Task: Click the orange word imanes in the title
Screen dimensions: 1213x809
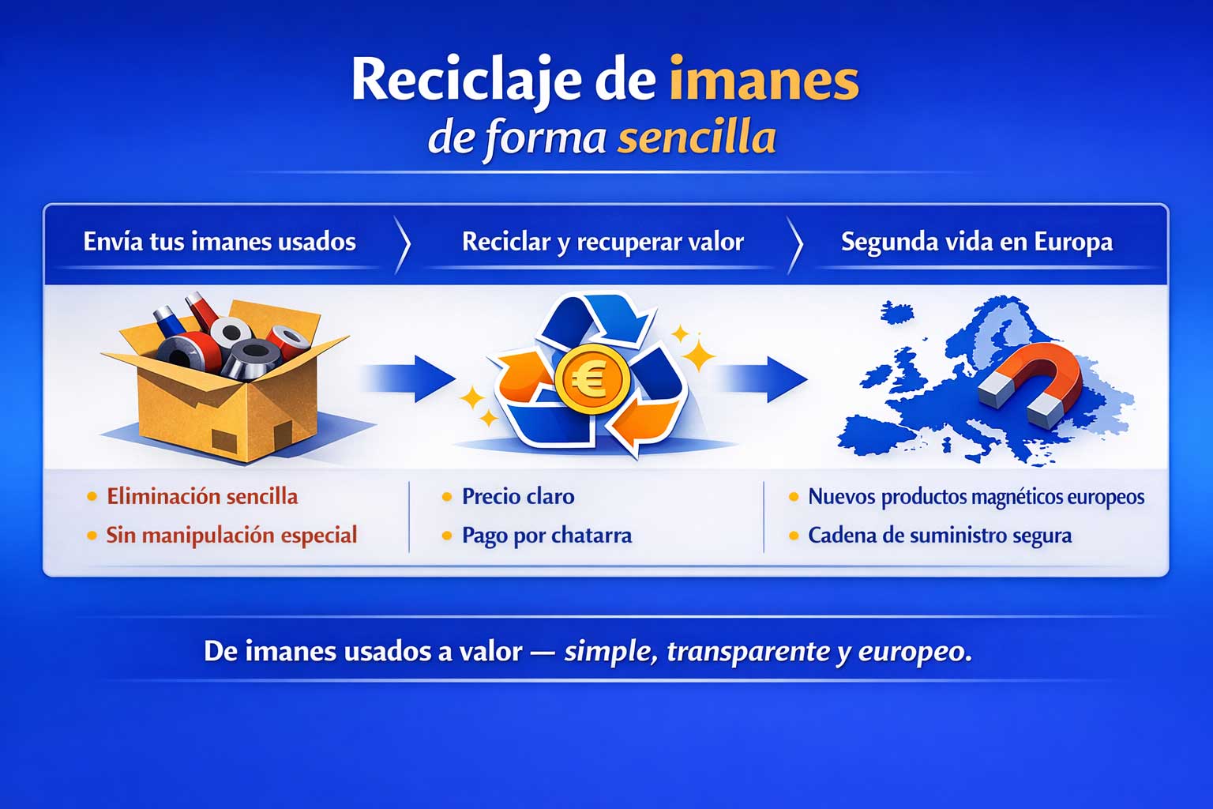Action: pyautogui.click(x=764, y=80)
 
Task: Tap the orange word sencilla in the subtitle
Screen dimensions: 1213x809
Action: pyautogui.click(x=697, y=137)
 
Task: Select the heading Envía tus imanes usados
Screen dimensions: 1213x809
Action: pyautogui.click(x=220, y=242)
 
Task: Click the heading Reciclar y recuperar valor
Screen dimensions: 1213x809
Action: pyautogui.click(x=603, y=243)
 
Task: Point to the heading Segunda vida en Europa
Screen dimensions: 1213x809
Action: pyautogui.click(x=977, y=243)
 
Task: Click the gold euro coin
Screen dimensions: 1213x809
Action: pyautogui.click(x=592, y=378)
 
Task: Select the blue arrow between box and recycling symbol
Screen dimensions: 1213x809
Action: pyautogui.click(x=409, y=378)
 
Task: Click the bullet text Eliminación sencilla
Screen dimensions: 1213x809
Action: pyautogui.click(x=202, y=496)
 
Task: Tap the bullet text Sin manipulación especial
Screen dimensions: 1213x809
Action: pyautogui.click(x=231, y=536)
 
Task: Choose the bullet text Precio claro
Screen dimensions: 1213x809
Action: pyautogui.click(x=518, y=496)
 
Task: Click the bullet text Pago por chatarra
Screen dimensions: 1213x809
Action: pyautogui.click(x=547, y=536)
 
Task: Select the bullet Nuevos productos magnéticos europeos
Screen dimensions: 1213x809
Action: pyautogui.click(x=976, y=497)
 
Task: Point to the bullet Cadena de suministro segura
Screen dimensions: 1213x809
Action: pyautogui.click(x=940, y=536)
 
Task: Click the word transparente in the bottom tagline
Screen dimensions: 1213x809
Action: pyautogui.click(x=748, y=651)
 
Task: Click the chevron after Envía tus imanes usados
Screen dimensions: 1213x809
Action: pyautogui.click(x=402, y=245)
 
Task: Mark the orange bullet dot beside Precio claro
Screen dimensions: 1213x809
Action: pyautogui.click(x=447, y=497)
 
